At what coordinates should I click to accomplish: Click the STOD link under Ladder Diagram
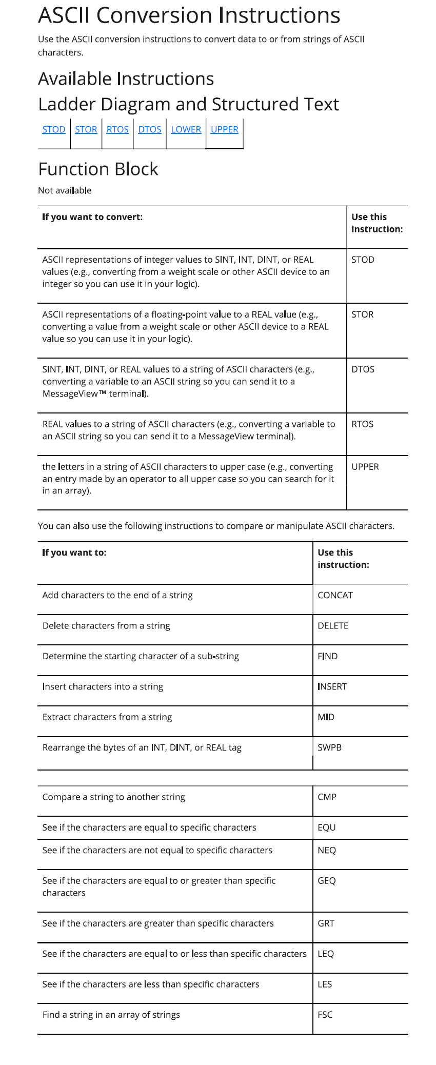pos(54,129)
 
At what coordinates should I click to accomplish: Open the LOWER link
pos(186,129)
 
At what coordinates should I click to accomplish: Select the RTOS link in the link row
pos(117,129)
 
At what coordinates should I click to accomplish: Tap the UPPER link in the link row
pos(224,129)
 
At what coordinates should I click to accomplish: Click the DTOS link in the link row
pos(150,129)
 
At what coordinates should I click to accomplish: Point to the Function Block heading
pos(98,169)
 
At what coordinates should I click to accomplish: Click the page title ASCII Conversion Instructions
pos(189,15)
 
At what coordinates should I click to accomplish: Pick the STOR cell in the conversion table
pos(362,314)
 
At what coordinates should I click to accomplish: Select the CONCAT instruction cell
pos(335,595)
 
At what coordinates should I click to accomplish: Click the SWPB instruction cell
pos(329,747)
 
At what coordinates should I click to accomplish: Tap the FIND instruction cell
pos(327,656)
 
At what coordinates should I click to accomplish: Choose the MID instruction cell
pos(326,717)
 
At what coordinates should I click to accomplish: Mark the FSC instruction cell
pos(325,1015)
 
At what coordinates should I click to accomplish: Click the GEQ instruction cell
pos(326,881)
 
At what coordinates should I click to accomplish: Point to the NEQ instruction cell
pos(326,850)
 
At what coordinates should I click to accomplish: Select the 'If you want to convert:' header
pos(92,217)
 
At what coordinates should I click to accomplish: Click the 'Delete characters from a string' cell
pos(106,626)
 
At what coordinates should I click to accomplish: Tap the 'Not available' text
pos(65,190)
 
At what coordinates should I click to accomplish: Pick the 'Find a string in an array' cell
pos(111,1015)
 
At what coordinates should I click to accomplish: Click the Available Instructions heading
pos(126,78)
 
